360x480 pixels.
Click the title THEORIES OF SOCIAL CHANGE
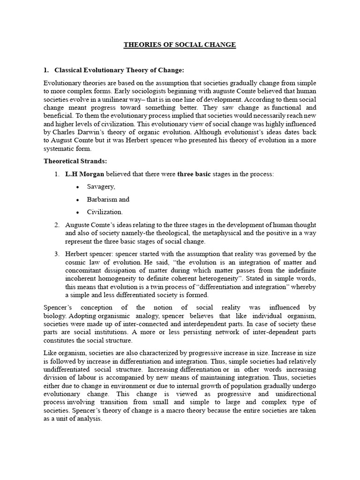coord(180,45)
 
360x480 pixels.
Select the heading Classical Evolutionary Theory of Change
coord(119,70)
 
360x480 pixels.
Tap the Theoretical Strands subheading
coord(75,161)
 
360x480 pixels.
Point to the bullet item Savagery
coord(101,187)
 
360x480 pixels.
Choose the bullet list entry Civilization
coord(105,212)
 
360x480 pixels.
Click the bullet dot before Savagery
coord(77,187)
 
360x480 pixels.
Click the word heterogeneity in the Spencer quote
coord(245,278)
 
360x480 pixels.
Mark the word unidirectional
coord(293,394)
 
